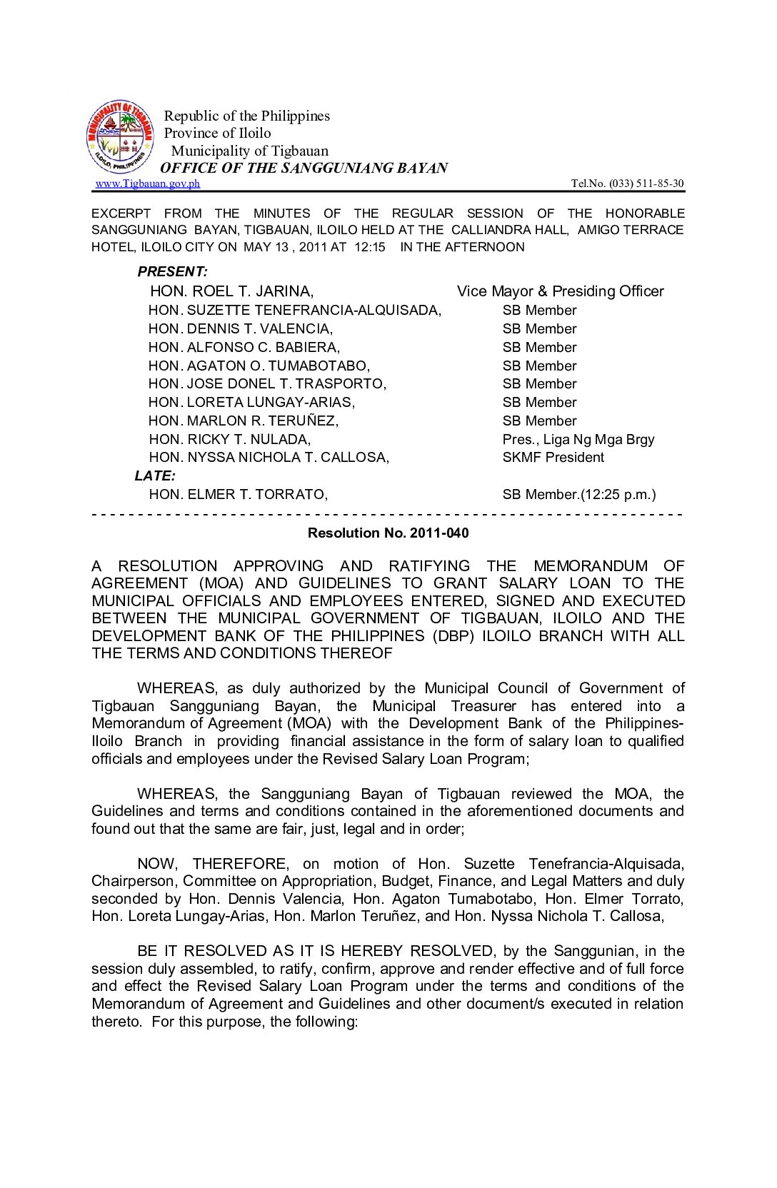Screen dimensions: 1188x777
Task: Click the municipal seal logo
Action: point(120,136)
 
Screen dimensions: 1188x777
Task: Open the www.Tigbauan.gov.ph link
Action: point(148,183)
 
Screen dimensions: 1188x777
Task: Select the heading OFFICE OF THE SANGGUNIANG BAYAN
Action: point(304,168)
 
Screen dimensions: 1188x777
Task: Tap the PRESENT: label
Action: point(172,271)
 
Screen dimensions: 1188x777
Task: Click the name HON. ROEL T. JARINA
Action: point(231,291)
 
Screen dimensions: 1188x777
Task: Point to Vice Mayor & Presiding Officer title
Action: point(560,291)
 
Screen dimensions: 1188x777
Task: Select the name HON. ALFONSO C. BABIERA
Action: point(244,347)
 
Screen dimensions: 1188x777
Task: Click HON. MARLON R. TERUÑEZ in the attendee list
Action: point(243,421)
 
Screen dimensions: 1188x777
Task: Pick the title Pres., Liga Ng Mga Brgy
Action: point(578,439)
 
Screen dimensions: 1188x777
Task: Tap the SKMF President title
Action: point(553,457)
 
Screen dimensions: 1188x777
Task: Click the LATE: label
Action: point(155,475)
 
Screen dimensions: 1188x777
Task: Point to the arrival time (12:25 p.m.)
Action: point(618,494)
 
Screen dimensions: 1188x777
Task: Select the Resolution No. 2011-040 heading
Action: point(388,533)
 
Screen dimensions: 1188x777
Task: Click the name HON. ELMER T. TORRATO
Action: point(238,494)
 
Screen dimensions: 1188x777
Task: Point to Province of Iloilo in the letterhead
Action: point(217,133)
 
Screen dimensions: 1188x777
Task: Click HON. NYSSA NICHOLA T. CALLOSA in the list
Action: point(269,457)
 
